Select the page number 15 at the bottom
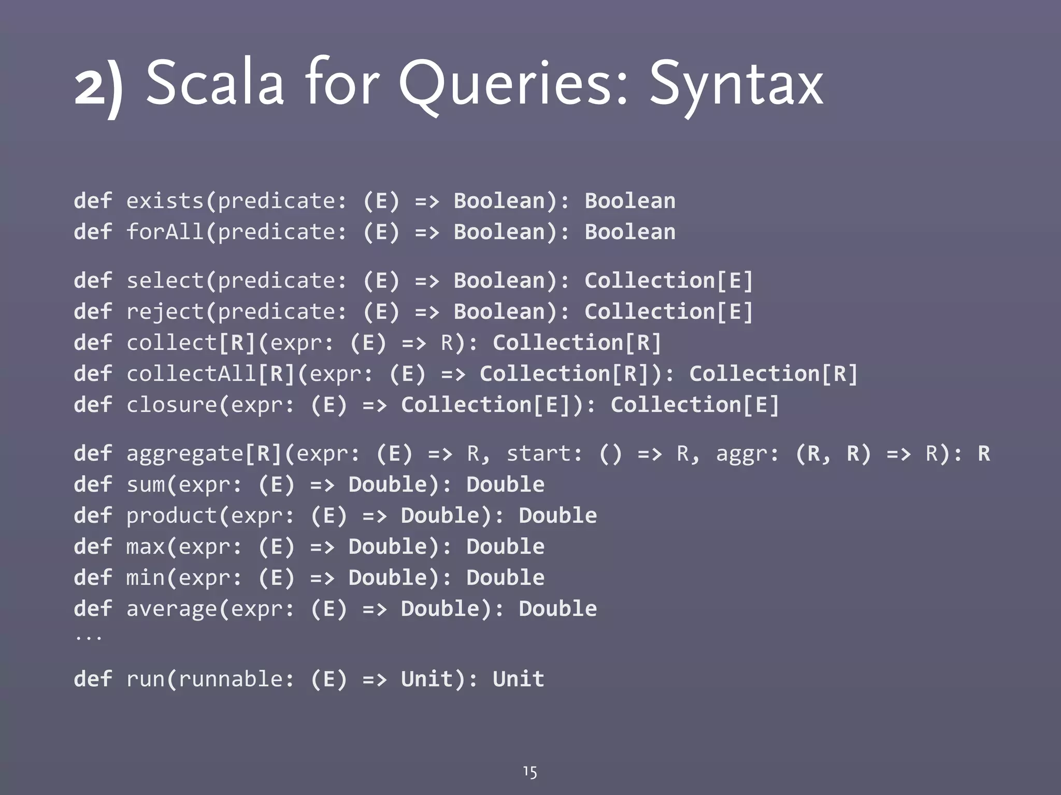coord(529,772)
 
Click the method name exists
coord(165,201)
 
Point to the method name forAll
coord(165,232)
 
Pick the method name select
coord(165,281)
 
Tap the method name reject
coord(165,312)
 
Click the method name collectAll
coord(191,374)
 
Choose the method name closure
coord(171,405)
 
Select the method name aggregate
coord(184,454)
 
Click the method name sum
coord(146,484)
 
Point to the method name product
coord(171,516)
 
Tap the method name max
coord(146,547)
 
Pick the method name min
coord(146,578)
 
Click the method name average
coord(171,609)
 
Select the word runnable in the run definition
coord(230,679)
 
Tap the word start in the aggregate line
coord(539,453)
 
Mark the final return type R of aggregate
coord(983,453)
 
